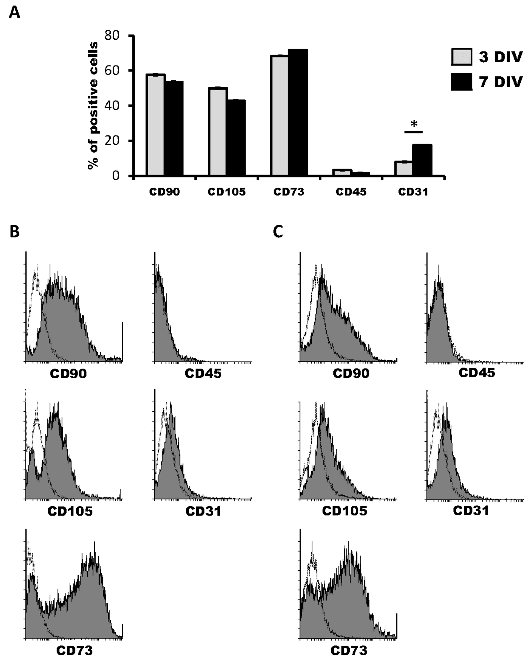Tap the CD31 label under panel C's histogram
(471, 511)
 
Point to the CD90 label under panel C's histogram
(351, 373)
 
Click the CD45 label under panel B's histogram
(203, 373)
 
